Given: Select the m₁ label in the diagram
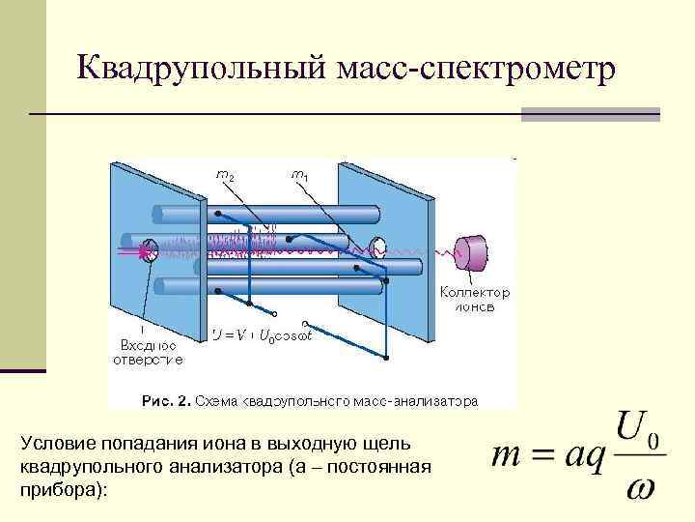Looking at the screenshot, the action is [x=300, y=176].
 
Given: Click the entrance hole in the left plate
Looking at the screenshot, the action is [x=150, y=249].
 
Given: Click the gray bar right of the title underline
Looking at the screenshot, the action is [x=590, y=114].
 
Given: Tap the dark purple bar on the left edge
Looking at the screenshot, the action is [x=23, y=369].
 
